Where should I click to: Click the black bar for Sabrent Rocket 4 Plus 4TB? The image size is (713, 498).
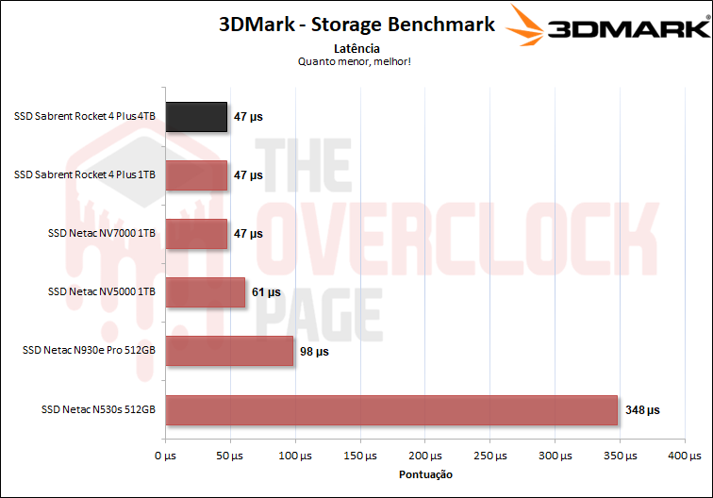pos(196,117)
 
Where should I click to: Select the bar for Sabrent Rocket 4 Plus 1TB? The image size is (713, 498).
pos(196,175)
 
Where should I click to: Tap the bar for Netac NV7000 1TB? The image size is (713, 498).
pos(196,234)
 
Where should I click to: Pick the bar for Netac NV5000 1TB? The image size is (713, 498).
pos(206,292)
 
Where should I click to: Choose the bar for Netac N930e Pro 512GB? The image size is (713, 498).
pos(229,351)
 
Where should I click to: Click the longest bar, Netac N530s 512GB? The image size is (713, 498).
pos(391,409)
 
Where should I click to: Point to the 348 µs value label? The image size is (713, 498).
pos(641,410)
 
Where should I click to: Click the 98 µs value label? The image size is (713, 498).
pos(315,352)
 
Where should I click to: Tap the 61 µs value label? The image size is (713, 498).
pos(267,293)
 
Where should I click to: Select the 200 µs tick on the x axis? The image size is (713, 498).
pos(425,456)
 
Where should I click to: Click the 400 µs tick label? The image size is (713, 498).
pos(685,456)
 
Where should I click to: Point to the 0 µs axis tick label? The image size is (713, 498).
pos(165,456)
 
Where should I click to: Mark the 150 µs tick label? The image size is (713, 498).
pos(360,456)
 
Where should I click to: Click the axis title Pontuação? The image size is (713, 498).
pos(425,474)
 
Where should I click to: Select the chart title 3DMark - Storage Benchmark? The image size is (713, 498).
pos(356,25)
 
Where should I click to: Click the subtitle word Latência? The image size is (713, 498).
pos(356,48)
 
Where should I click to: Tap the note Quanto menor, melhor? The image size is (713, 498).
pos(356,62)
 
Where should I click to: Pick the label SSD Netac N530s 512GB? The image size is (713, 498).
pos(98,410)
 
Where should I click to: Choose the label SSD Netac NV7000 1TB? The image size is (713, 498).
pos(101,234)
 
